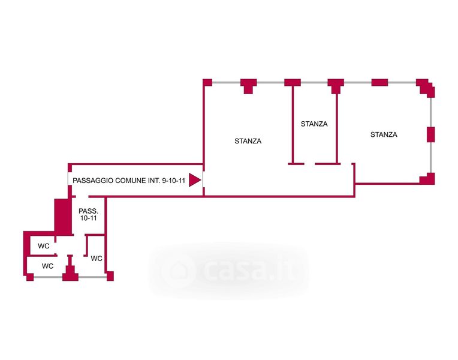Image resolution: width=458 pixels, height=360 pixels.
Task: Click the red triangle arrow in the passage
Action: [x=194, y=180]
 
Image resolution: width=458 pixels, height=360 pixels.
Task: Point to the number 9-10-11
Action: [x=173, y=181]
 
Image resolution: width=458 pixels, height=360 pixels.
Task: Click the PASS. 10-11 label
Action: [x=89, y=214]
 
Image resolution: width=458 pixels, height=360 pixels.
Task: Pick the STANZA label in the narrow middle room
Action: [x=314, y=124]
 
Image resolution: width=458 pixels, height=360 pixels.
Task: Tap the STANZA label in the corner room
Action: [x=384, y=134]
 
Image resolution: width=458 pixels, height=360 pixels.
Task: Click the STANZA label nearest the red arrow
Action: [x=248, y=141]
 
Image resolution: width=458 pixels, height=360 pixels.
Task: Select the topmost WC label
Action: [x=44, y=246]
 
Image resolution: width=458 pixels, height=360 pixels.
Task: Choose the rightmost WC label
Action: [x=97, y=258]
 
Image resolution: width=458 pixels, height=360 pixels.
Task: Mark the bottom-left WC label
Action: [x=47, y=266]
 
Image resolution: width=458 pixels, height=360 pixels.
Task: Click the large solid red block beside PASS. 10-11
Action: [x=63, y=217]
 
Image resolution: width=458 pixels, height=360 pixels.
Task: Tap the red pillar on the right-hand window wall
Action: [x=430, y=134]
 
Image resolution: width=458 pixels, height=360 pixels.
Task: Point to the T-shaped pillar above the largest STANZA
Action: [x=248, y=85]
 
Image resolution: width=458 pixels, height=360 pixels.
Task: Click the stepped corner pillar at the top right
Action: [x=426, y=87]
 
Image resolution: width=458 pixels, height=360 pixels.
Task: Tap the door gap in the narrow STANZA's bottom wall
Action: [x=309, y=164]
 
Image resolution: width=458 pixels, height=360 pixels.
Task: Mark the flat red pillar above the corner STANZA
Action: [x=379, y=82]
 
